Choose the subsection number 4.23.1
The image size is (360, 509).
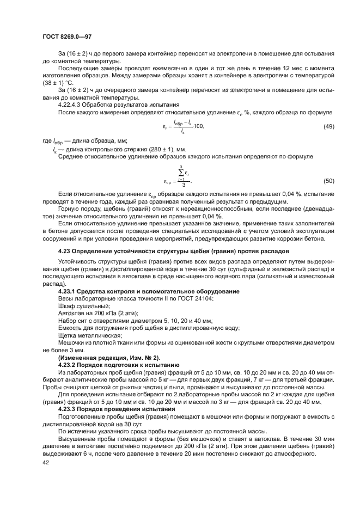tap(68, 292)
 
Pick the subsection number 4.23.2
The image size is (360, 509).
tap(68, 363)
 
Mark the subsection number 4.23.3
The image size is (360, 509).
tap(68, 408)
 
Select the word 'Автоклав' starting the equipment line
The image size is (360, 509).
tap(71, 314)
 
